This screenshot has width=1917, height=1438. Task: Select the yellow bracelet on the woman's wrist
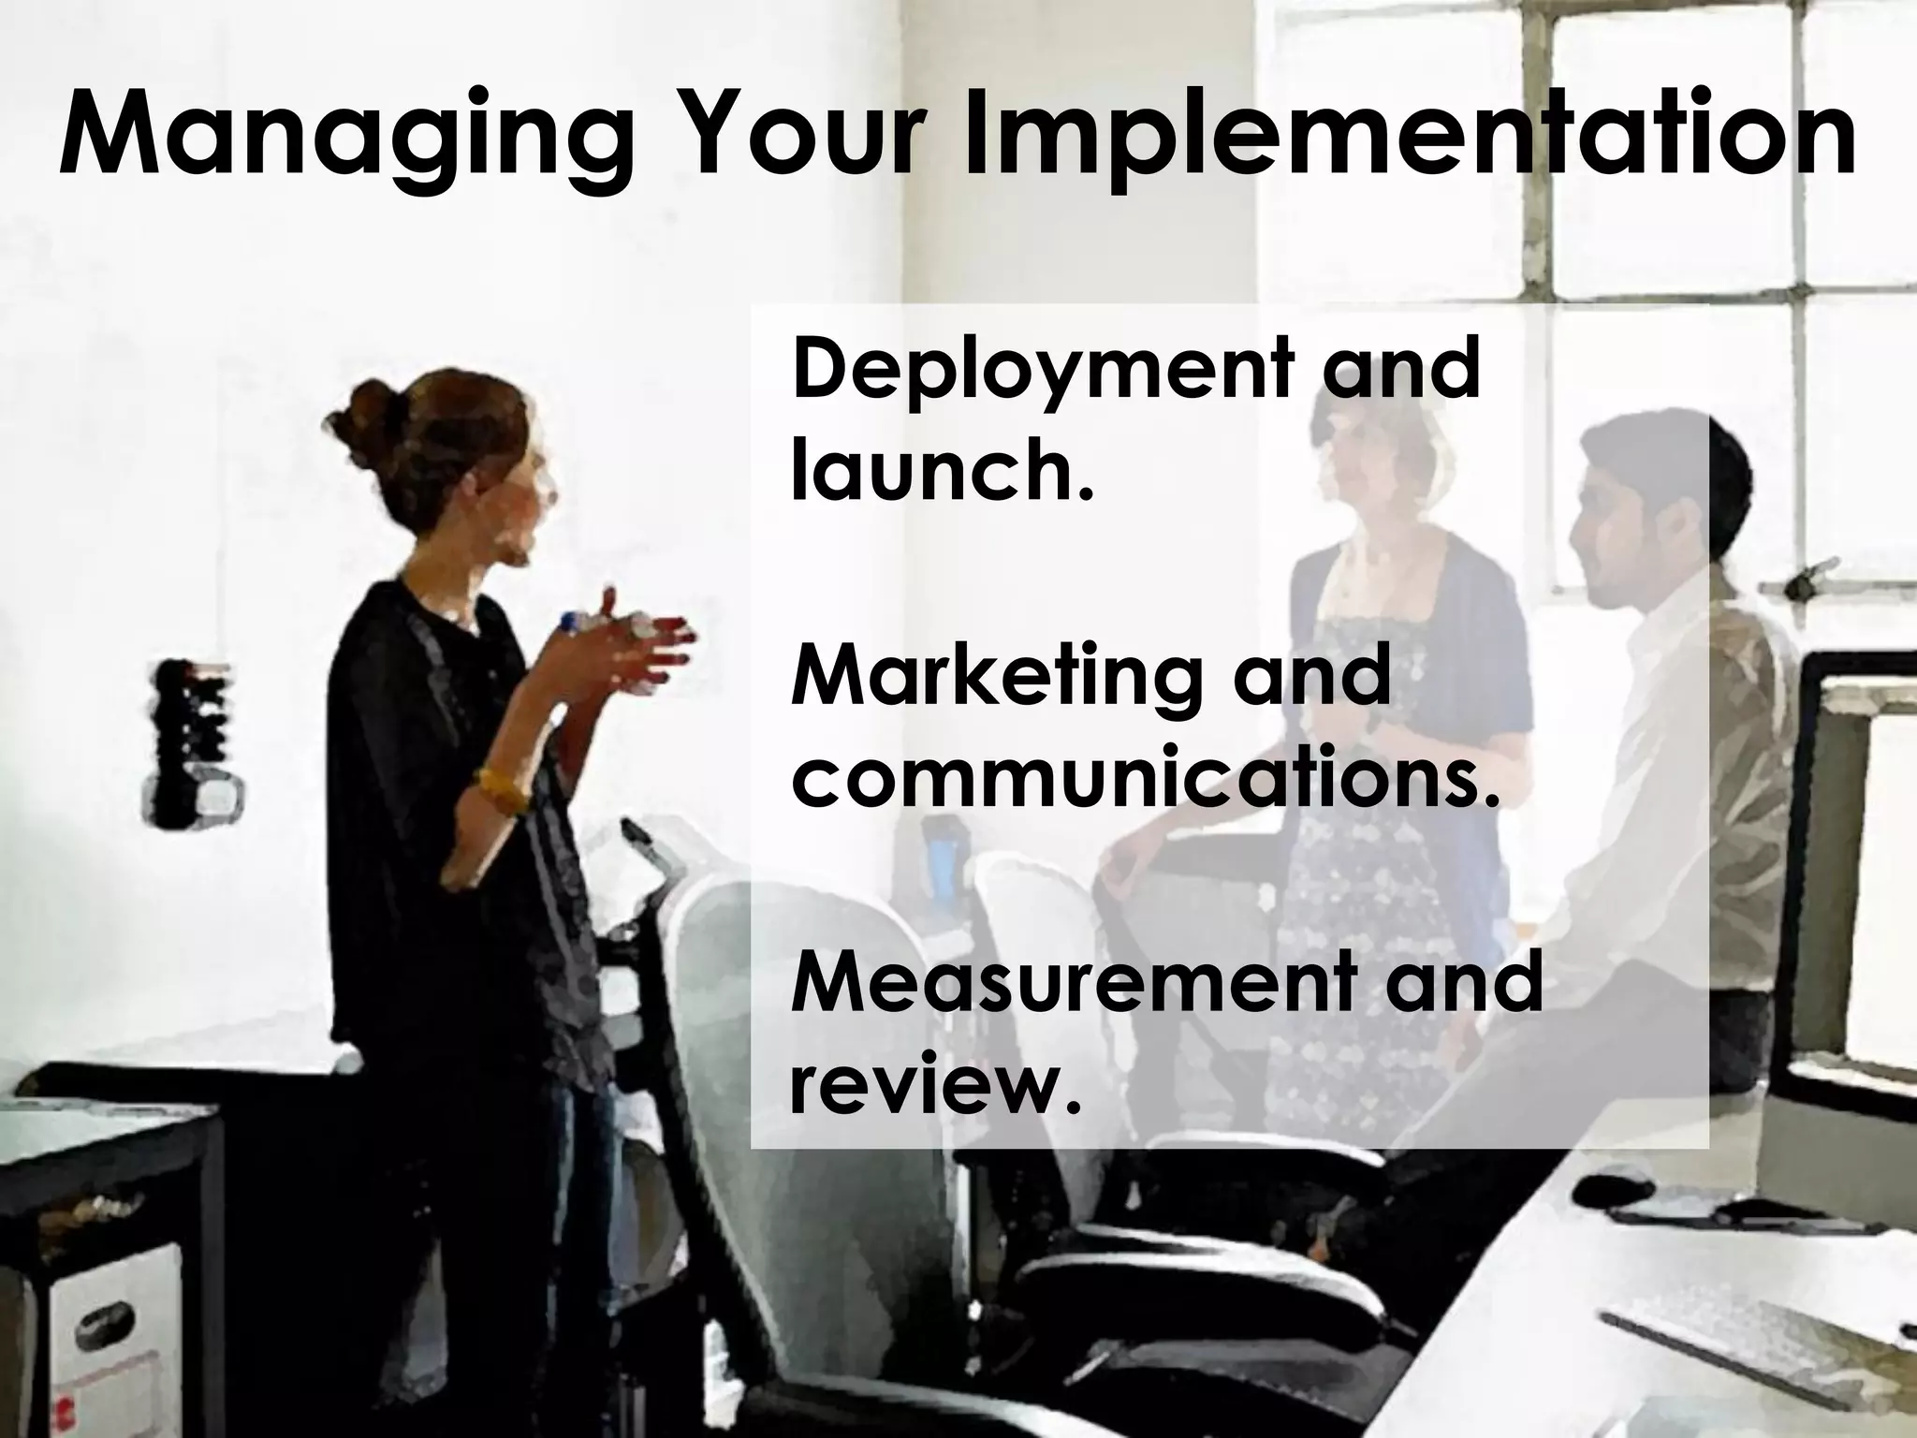(501, 791)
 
